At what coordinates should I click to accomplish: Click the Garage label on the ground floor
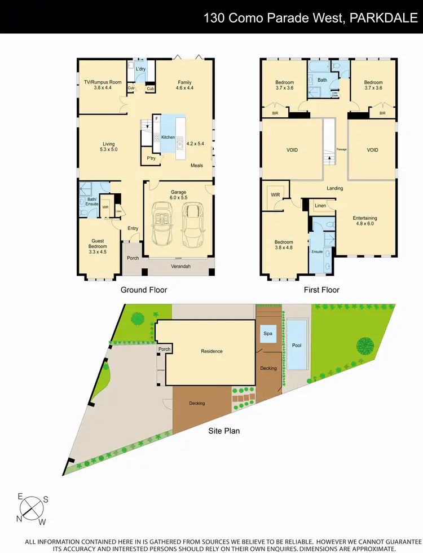click(x=179, y=192)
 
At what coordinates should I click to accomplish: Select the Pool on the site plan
click(x=297, y=346)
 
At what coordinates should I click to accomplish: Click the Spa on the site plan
click(x=267, y=334)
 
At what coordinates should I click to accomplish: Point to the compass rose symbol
click(x=32, y=508)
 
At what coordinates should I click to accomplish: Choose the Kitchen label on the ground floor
click(x=168, y=137)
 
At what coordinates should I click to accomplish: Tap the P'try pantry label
click(x=151, y=158)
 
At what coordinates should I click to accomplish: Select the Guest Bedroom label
click(x=98, y=244)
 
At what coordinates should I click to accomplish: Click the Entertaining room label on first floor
click(x=364, y=218)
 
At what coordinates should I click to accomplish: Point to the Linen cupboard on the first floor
click(x=320, y=206)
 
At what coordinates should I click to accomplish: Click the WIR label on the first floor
click(x=276, y=194)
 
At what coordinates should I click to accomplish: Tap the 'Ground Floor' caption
click(x=144, y=290)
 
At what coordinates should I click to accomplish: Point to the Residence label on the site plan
click(x=211, y=351)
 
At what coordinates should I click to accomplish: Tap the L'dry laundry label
click(x=140, y=69)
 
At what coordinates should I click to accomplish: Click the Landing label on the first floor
click(x=334, y=188)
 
